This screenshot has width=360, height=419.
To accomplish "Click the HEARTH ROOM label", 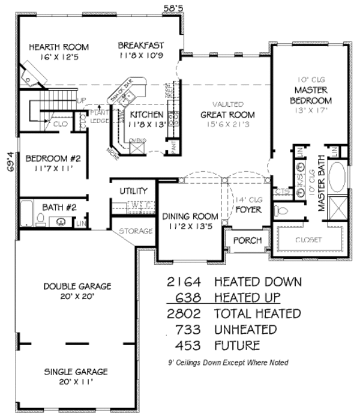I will pos(58,47).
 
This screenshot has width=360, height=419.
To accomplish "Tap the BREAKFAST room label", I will pos(141,45).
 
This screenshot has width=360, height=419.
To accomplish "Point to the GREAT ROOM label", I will pos(227,115).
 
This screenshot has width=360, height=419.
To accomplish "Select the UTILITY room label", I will pos(133,190).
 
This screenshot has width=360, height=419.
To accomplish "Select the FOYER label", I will pos(247,210).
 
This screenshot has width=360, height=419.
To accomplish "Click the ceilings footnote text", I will pos(228,363).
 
